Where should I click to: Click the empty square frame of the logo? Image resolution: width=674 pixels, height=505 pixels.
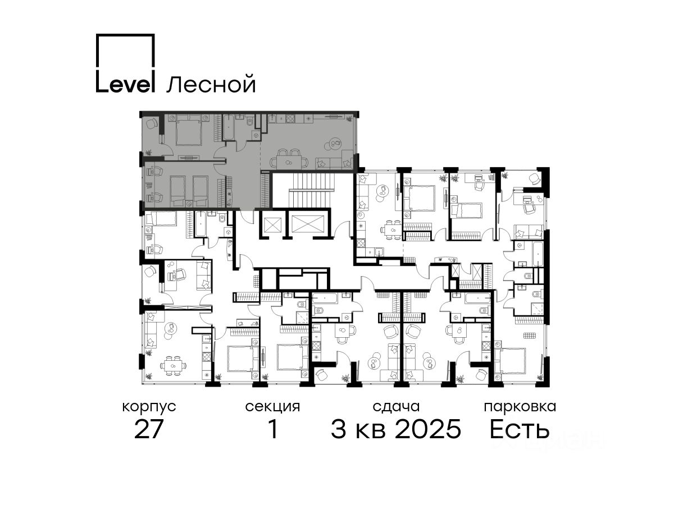(125, 50)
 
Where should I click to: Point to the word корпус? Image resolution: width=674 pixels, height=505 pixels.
(149, 407)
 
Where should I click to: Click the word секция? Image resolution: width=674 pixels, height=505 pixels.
(272, 407)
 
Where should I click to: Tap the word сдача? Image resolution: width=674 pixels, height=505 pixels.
(396, 407)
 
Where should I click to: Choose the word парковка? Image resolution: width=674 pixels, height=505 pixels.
(520, 407)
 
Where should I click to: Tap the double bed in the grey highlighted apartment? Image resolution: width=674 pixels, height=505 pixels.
(189, 129)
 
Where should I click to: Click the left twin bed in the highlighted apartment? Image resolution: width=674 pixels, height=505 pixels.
(176, 191)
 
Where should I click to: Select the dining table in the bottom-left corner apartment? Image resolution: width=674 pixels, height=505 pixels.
(174, 365)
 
